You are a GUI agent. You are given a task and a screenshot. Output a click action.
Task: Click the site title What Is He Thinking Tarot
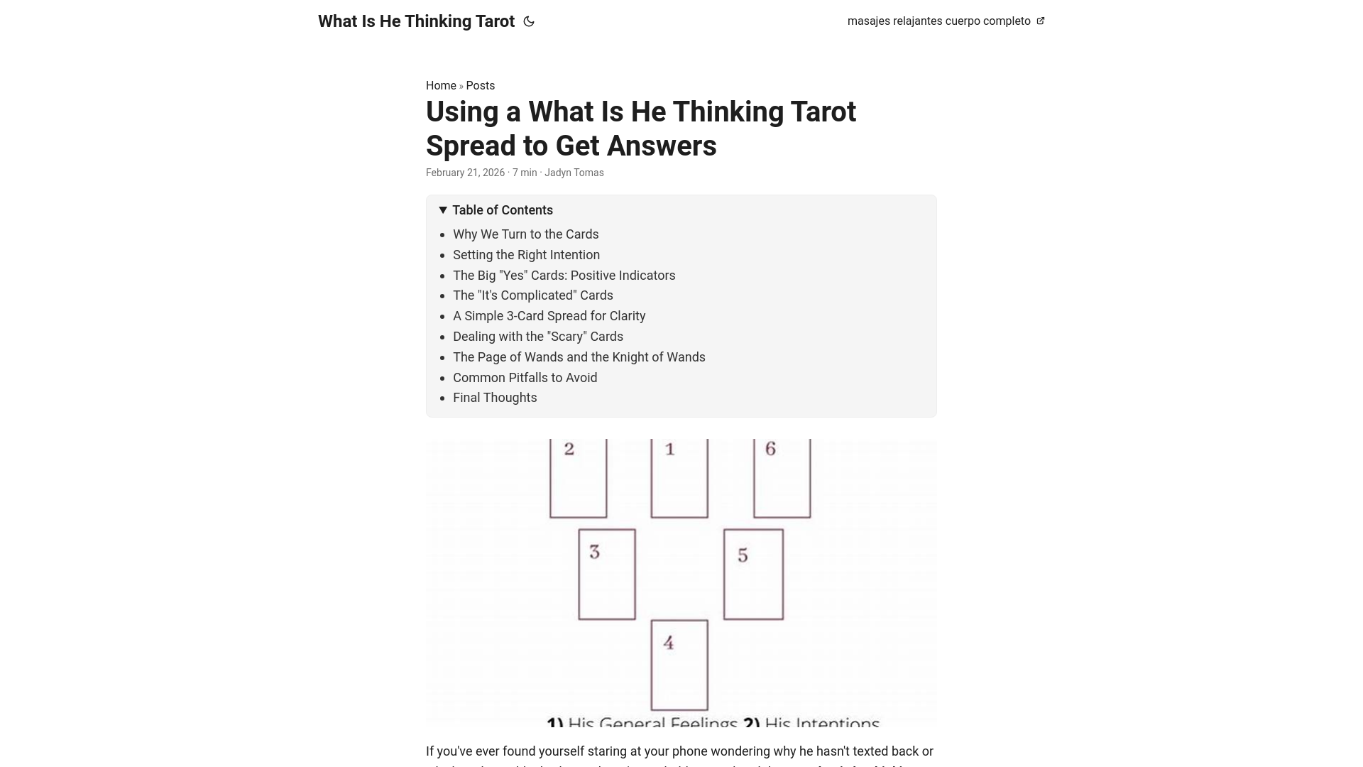click(416, 21)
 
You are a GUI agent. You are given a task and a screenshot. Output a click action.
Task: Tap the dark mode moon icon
click(529, 22)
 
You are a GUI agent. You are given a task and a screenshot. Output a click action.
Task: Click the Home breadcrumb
click(441, 85)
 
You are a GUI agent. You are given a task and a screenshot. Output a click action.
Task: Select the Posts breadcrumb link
click(480, 85)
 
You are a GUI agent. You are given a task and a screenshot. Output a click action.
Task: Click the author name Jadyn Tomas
click(574, 173)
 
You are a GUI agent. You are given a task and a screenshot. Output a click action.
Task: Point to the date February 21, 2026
click(465, 173)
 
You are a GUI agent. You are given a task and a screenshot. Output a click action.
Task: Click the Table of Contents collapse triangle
click(443, 210)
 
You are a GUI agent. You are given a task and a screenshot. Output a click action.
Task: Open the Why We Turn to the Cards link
click(525, 234)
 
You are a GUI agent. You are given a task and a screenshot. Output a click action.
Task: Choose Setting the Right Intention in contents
click(526, 255)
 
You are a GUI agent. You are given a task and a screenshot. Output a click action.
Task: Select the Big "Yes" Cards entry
click(564, 276)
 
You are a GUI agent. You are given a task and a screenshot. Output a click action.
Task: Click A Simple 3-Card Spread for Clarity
click(549, 316)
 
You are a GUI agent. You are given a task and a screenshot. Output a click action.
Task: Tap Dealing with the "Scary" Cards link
click(537, 337)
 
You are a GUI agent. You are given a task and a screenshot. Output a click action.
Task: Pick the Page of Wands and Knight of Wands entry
click(579, 357)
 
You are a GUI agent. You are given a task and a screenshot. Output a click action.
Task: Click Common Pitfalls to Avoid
click(525, 378)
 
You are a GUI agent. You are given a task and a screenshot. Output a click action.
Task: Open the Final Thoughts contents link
click(495, 398)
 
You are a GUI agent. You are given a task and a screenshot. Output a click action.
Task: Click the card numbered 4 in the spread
click(679, 665)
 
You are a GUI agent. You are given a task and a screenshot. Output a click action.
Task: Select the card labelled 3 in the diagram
click(606, 574)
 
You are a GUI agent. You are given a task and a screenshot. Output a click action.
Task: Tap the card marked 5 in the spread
click(753, 574)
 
